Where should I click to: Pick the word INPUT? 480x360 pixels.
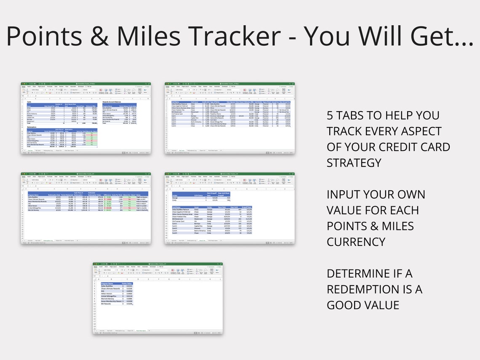[345, 195]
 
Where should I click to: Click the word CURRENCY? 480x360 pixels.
[356, 242]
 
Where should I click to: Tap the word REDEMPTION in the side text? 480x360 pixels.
[369, 289]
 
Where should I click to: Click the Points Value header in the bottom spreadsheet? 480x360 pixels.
[127, 284]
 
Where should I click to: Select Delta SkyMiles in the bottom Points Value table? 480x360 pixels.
[108, 286]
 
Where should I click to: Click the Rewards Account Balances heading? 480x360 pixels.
[113, 101]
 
